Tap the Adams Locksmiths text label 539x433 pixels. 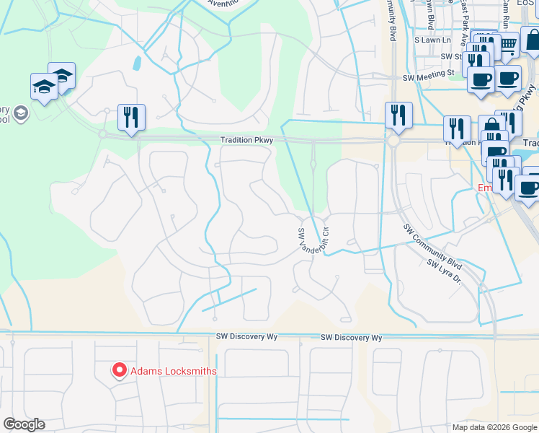173,371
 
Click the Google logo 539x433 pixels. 24,424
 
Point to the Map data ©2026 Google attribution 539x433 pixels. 494,427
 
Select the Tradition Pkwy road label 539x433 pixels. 246,141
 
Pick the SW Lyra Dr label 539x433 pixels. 443,273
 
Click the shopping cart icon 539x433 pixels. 509,45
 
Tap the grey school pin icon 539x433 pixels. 20,113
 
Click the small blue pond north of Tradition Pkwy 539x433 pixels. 137,63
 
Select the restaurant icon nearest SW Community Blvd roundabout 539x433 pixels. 398,115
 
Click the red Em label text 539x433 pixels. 484,188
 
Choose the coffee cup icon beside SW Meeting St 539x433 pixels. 481,79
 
